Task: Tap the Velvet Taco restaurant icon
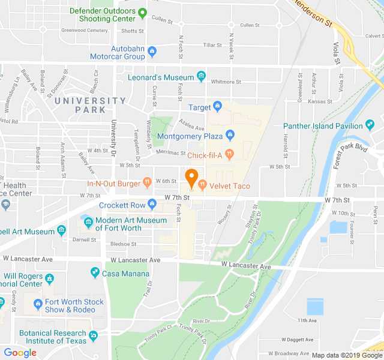(203, 186)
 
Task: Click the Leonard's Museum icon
(201, 77)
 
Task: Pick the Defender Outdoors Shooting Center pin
(142, 12)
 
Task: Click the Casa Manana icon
(94, 273)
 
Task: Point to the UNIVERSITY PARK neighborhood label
(89, 105)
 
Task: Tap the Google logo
(20, 353)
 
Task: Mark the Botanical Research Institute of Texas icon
(92, 337)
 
